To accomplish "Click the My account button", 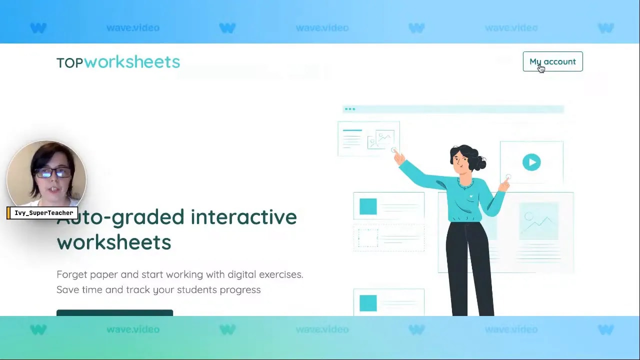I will (552, 61).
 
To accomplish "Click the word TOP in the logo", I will (69, 63).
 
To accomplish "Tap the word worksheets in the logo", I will (132, 62).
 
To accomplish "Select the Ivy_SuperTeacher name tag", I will (43, 213).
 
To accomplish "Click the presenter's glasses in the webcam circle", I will (52, 173).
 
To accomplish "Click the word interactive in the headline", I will (243, 217).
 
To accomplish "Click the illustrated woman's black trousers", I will (470, 270).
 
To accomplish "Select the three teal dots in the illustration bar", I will (350, 108).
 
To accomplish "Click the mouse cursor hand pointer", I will (540, 68).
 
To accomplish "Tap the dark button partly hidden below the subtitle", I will (114, 313).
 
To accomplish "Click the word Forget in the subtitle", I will (72, 274).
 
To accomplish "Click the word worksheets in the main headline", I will (114, 242).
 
